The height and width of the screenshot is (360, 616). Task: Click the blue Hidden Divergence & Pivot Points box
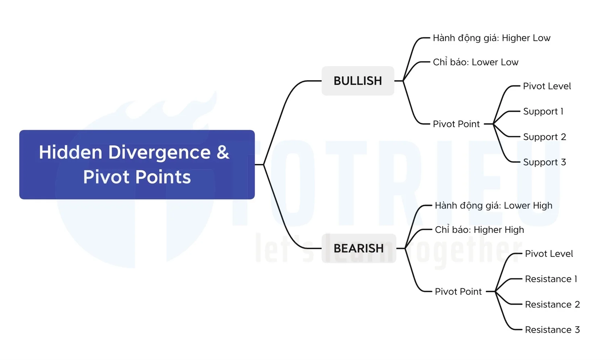pyautogui.click(x=137, y=165)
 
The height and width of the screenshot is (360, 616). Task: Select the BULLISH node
pyautogui.click(x=358, y=81)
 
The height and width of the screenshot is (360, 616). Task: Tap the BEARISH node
pyautogui.click(x=359, y=248)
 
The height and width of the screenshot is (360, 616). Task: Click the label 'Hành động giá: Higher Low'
pyautogui.click(x=492, y=38)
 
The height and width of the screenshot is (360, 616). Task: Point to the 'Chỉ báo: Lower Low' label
pyautogui.click(x=476, y=62)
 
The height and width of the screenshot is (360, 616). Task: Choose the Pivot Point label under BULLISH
pyautogui.click(x=456, y=124)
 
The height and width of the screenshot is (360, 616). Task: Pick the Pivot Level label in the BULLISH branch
pyautogui.click(x=547, y=86)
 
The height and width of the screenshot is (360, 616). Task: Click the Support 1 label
pyautogui.click(x=544, y=111)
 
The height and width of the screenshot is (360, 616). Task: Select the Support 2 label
pyautogui.click(x=545, y=137)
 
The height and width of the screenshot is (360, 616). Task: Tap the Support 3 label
pyautogui.click(x=545, y=162)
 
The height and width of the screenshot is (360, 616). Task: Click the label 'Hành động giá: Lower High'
pyautogui.click(x=494, y=206)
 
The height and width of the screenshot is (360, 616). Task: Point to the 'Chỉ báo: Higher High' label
pyautogui.click(x=480, y=229)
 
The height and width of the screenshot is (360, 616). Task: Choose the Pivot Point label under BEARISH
pyautogui.click(x=458, y=291)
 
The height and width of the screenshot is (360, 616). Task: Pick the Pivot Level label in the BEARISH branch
pyautogui.click(x=549, y=253)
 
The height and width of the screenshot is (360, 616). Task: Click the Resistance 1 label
pyautogui.click(x=551, y=279)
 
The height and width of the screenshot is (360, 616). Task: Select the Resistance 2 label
pyautogui.click(x=553, y=305)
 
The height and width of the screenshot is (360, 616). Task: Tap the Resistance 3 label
pyautogui.click(x=553, y=330)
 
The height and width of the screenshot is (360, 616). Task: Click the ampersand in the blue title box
pyautogui.click(x=223, y=152)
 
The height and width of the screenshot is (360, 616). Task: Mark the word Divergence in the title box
pyautogui.click(x=159, y=153)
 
